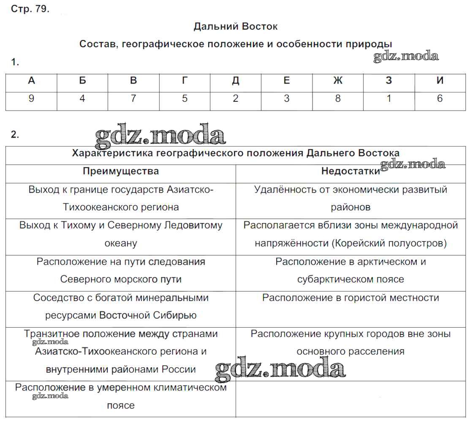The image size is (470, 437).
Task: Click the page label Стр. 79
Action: (30, 9)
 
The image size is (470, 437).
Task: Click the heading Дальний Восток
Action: (236, 27)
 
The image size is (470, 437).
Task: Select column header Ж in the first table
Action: (337, 81)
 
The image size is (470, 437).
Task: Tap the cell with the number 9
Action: (31, 99)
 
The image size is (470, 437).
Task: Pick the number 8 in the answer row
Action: (337, 99)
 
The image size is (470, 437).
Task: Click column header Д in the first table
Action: (236, 81)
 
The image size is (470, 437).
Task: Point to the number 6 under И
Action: (440, 99)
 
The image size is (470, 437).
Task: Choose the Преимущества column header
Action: (121, 171)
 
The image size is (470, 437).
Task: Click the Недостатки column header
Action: (350, 171)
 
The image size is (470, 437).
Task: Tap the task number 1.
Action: (15, 62)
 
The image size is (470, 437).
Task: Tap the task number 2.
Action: (15, 135)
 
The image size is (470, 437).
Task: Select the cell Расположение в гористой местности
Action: (350, 298)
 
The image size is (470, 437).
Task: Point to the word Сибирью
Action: (177, 315)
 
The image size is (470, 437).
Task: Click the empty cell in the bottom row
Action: (350, 399)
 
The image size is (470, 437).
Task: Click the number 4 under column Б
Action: (82, 99)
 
